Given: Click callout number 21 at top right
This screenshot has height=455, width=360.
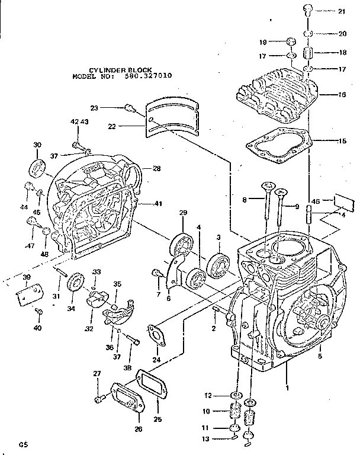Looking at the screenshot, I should click(342, 11).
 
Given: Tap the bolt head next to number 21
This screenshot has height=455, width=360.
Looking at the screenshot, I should click(308, 9).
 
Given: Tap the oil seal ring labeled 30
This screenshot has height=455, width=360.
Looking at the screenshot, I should click(37, 168).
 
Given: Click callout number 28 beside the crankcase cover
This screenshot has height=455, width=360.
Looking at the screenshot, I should click(156, 169).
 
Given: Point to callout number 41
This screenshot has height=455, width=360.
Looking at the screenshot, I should click(157, 204).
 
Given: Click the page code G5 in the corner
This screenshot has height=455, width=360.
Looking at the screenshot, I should click(22, 443).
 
